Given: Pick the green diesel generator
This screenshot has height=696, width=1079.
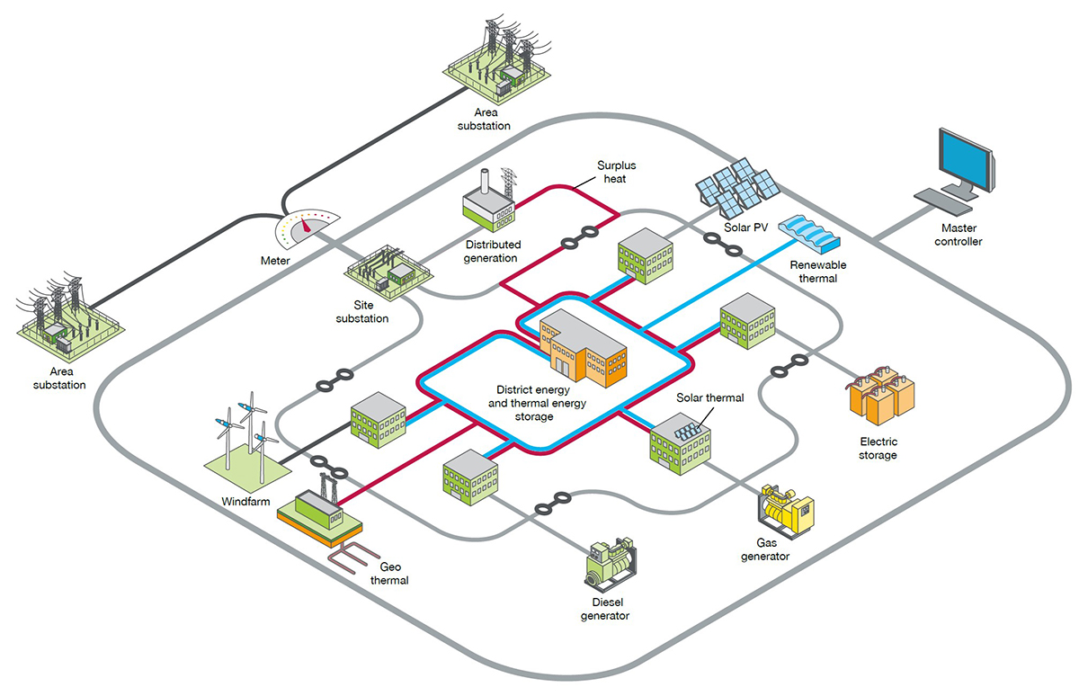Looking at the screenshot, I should click(x=611, y=567).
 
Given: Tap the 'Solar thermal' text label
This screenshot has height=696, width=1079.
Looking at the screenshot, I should click(x=709, y=397).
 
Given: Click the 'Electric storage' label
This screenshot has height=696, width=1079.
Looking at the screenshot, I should click(x=878, y=449).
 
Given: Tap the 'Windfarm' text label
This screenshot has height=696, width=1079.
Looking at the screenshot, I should click(x=245, y=501).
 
